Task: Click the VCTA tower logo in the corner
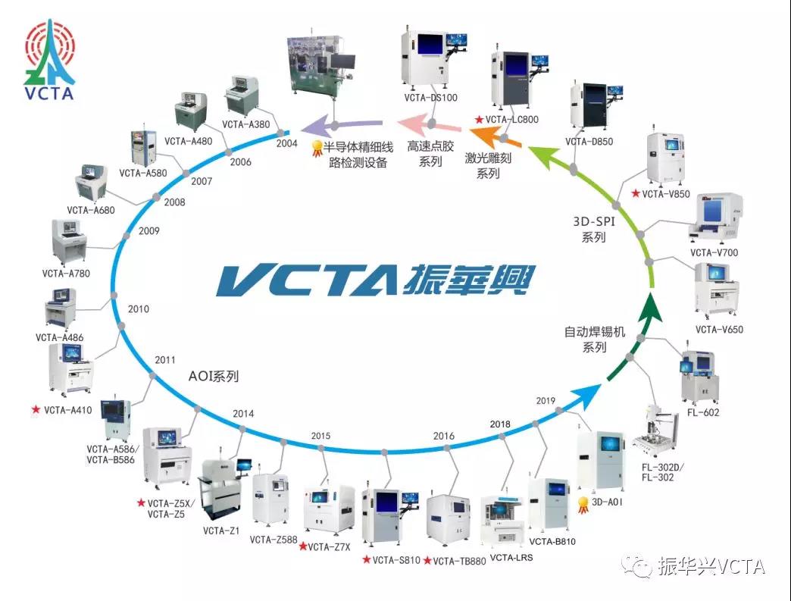coord(49,61)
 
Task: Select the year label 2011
coord(165,359)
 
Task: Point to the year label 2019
coord(546,400)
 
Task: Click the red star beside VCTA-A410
coord(36,410)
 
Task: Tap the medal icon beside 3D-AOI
coord(583,504)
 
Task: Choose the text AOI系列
coord(213,375)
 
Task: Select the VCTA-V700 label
coord(714,252)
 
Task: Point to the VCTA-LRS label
coord(511,559)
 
